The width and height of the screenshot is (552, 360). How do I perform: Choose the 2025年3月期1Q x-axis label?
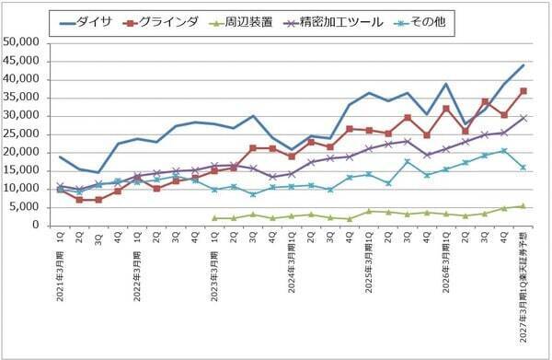(369, 267)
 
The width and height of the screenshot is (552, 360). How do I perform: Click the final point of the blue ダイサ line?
(523, 65)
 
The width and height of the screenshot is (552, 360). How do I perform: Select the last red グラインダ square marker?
(523, 91)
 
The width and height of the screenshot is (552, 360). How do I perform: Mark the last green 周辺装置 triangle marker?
(523, 205)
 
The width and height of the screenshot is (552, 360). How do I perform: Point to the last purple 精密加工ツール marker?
(523, 118)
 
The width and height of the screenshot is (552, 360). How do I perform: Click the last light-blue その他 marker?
(523, 168)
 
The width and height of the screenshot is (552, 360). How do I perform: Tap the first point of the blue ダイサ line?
(61, 157)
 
